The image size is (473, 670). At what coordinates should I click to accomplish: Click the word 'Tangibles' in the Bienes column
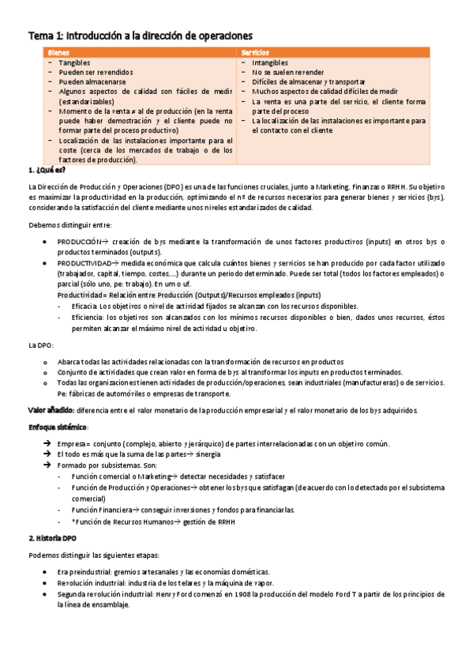(74, 62)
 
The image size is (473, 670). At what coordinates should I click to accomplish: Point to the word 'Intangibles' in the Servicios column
(272, 62)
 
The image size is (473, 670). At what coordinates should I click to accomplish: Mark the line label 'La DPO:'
(40, 345)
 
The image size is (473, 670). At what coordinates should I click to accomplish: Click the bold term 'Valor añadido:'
(51, 410)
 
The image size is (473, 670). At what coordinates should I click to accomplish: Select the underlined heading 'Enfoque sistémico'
(58, 427)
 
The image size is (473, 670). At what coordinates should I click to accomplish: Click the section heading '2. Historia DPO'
(52, 537)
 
